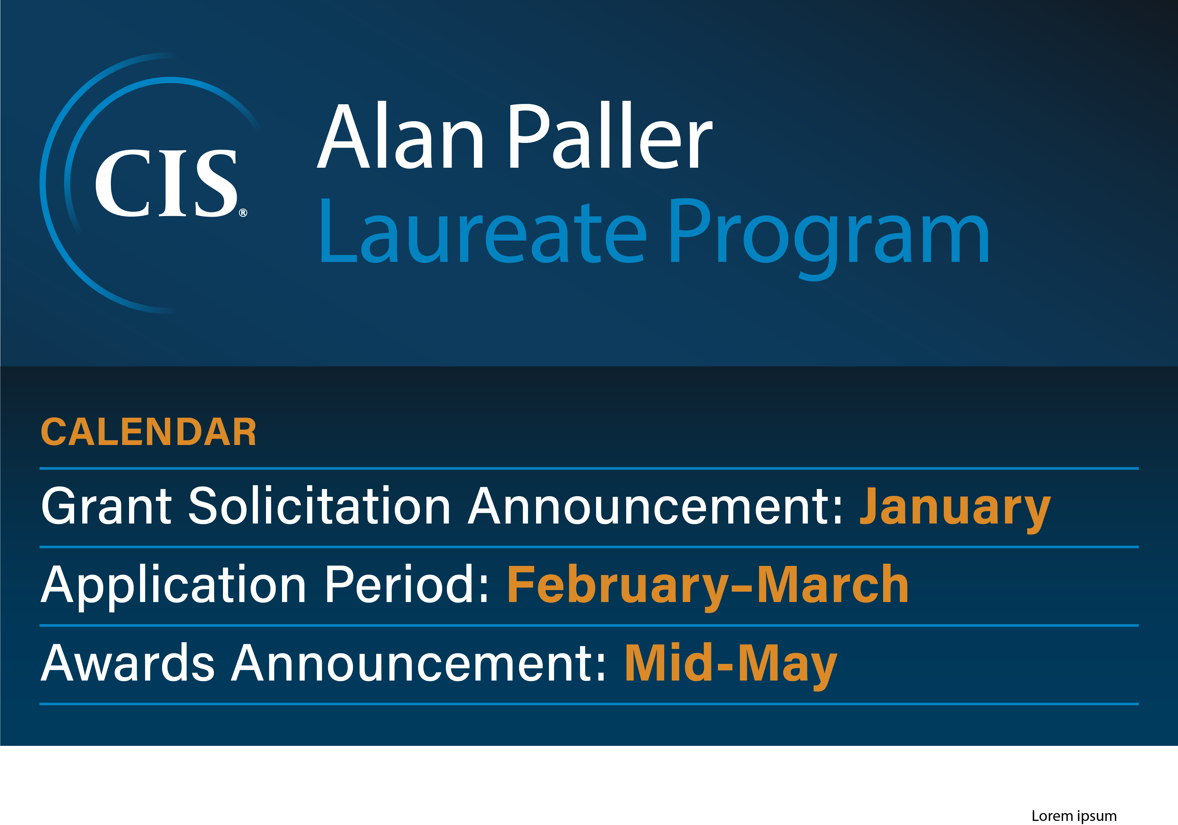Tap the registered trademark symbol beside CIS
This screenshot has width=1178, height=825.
click(x=243, y=212)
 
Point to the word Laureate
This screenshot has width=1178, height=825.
click(x=482, y=232)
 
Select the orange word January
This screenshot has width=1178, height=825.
click(x=955, y=508)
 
